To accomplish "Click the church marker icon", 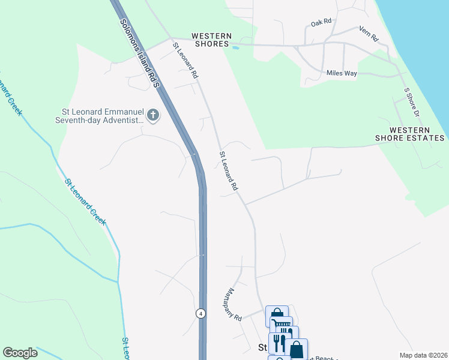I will [153, 115].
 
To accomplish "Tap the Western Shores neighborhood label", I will [211, 40].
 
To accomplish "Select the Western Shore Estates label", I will [411, 134].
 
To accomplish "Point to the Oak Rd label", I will [321, 22].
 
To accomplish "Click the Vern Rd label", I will [369, 34].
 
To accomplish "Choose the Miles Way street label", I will [342, 73].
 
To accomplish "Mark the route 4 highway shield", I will [200, 313].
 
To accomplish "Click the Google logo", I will [20, 353].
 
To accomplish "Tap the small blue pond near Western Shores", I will [235, 47].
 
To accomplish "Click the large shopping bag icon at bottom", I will [297, 349].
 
